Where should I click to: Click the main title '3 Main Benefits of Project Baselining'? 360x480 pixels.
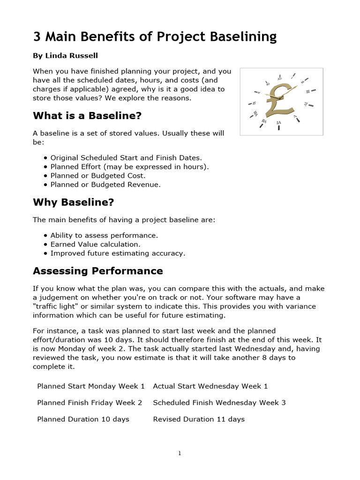point(155,37)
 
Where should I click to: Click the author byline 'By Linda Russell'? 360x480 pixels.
point(65,56)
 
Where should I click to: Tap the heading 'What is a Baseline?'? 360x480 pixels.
point(87,115)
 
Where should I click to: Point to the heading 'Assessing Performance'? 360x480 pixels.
point(97,271)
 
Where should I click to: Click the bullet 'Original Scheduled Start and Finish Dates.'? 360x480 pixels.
point(126,158)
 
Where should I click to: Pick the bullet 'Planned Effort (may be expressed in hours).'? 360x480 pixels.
point(129,167)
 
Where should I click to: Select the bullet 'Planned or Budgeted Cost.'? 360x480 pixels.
point(98,176)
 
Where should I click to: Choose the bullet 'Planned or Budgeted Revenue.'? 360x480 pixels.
point(105,185)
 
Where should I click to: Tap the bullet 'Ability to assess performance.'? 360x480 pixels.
point(104,235)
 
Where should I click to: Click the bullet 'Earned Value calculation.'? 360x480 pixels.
point(95,244)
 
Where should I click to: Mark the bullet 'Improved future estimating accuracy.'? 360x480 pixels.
point(118,253)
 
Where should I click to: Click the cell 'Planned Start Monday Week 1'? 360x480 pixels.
point(91,386)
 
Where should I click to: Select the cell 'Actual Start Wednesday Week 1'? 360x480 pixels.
point(210,386)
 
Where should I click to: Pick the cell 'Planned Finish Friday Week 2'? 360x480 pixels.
point(90,403)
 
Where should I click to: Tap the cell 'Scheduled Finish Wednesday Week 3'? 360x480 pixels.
point(219,403)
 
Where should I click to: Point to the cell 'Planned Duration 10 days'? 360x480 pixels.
point(83,419)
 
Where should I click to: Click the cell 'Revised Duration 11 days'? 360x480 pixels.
point(199,419)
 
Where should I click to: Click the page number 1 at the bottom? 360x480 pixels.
point(180,453)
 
